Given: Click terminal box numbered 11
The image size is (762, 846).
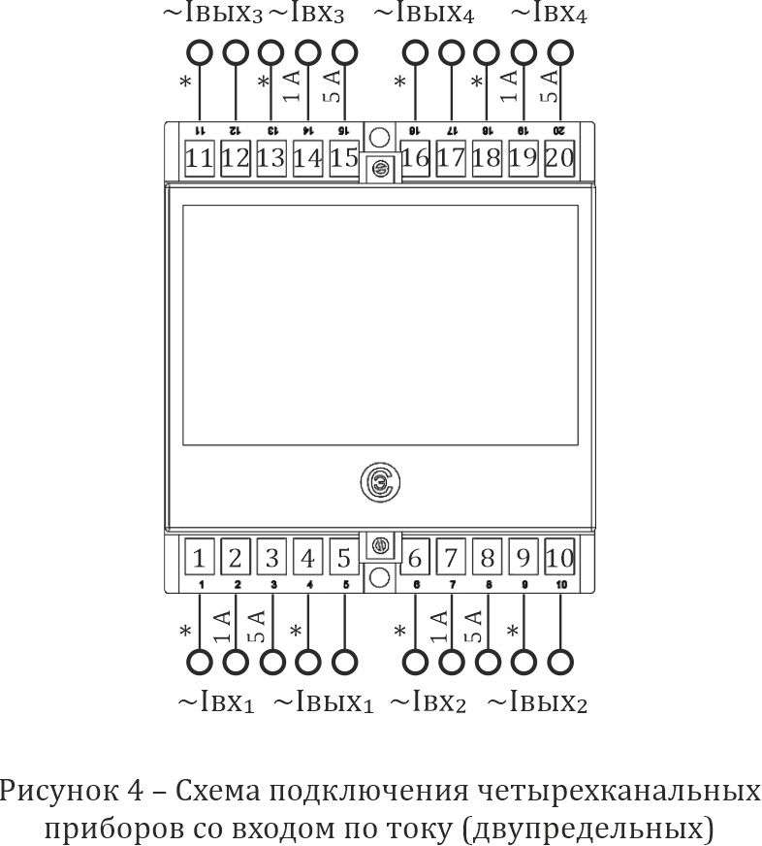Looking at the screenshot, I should [200, 158].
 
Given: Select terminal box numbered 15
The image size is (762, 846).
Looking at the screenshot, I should [344, 158].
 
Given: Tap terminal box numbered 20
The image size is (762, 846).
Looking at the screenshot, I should [559, 158].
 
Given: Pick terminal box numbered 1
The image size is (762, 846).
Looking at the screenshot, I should [200, 559].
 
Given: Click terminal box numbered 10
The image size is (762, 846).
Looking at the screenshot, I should [559, 559].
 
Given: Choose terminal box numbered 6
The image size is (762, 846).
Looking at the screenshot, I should [415, 559].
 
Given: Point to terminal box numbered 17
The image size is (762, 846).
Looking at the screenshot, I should [451, 158].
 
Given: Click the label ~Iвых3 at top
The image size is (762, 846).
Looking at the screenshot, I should [211, 15].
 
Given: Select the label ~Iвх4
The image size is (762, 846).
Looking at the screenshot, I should [548, 15].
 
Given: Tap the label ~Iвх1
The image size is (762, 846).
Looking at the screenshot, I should [215, 702].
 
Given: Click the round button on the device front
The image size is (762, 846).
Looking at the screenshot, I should [380, 482].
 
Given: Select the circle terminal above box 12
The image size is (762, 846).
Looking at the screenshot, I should [236, 52].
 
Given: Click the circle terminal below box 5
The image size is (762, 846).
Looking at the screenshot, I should [344, 663].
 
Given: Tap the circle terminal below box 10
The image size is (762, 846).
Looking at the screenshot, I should [559, 663].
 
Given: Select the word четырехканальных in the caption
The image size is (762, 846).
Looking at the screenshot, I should [618, 792].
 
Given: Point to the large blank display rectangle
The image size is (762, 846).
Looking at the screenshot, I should [380, 325].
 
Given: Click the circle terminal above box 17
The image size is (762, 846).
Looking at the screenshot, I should [451, 52].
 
